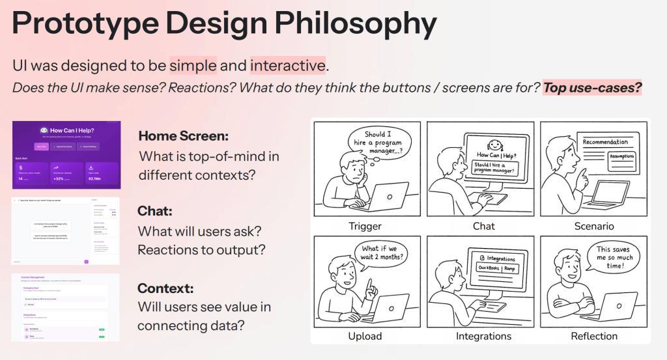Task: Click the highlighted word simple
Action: tap(193, 65)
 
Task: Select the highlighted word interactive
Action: tap(287, 65)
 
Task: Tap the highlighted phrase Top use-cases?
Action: tap(592, 87)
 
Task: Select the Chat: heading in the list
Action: tap(154, 211)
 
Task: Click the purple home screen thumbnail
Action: tap(66, 155)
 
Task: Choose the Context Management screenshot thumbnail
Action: tap(66, 307)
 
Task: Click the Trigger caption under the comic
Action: tap(365, 226)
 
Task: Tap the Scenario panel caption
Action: tap(594, 226)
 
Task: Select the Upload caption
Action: tap(365, 336)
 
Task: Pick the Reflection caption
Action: tap(594, 336)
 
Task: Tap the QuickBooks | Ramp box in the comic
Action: tap(502, 268)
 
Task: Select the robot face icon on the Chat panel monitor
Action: tap(493, 145)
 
